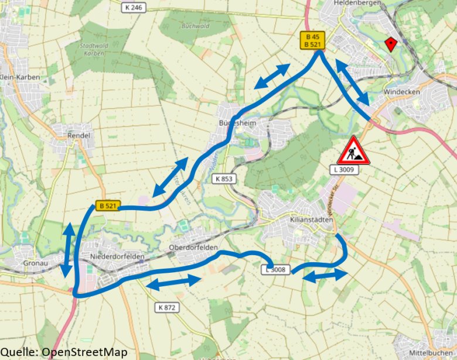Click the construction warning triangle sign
(x=353, y=150)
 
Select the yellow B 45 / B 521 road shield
(x=312, y=40)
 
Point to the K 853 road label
(x=224, y=179)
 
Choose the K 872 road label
(x=167, y=307)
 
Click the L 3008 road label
(x=275, y=269)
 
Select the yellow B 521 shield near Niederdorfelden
(x=108, y=205)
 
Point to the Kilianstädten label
(x=311, y=220)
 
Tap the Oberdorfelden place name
(x=193, y=248)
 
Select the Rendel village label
(x=78, y=135)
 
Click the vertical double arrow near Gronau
(x=69, y=251)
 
